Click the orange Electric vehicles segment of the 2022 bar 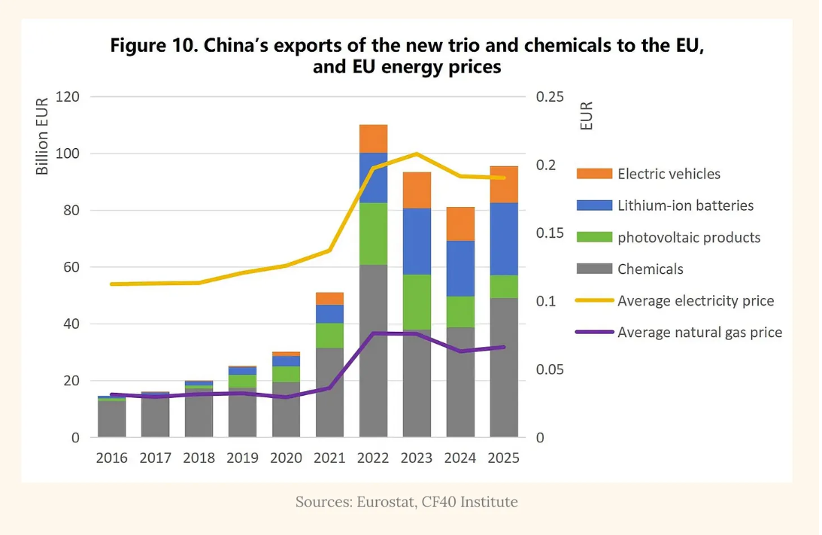(x=373, y=139)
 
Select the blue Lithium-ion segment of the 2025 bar (x=504, y=239)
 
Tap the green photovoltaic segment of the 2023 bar (x=417, y=302)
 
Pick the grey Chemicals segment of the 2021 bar (x=329, y=392)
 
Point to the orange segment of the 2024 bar (x=460, y=224)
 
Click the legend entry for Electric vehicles (x=648, y=174)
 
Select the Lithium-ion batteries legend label (x=685, y=205)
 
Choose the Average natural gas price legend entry (x=679, y=332)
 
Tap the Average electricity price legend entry (x=675, y=300)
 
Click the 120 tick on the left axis (x=68, y=96)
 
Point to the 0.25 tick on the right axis (x=550, y=96)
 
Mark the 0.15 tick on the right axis (x=550, y=233)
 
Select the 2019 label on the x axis (x=242, y=458)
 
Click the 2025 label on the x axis (x=503, y=458)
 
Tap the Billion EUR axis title (x=42, y=136)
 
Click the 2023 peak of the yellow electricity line (x=417, y=154)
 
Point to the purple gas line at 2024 (x=460, y=351)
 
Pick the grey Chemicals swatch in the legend (x=594, y=269)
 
